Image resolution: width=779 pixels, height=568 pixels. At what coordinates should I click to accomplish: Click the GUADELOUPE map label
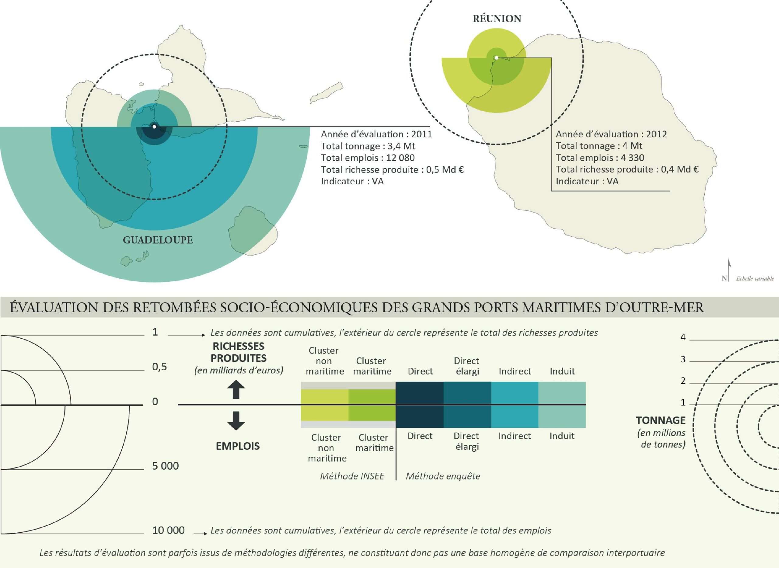158,240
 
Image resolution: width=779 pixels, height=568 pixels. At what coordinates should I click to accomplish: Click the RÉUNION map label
497,18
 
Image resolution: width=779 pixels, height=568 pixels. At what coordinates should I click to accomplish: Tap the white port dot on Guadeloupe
154,127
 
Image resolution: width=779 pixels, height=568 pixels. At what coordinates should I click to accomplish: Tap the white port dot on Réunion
496,58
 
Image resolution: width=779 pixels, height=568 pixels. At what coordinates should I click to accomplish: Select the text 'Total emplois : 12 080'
368,158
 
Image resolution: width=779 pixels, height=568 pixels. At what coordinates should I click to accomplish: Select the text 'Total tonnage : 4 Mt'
599,146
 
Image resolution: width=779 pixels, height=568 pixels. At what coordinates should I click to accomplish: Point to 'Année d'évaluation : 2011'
376,134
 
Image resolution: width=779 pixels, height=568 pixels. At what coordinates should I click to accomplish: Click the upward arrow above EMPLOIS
236,390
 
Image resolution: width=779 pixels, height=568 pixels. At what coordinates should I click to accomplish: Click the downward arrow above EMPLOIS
236,421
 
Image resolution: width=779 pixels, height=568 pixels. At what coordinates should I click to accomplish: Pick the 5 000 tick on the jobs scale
166,466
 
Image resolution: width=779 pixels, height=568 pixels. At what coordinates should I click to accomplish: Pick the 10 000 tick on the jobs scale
168,530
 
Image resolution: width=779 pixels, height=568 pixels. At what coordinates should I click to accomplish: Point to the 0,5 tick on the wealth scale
159,367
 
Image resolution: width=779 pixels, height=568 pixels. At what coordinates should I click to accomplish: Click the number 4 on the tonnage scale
683,337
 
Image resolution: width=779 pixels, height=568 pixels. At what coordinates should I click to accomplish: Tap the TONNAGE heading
660,420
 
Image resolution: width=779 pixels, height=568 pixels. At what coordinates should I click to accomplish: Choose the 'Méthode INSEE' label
352,476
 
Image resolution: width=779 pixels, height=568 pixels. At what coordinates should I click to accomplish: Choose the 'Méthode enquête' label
443,476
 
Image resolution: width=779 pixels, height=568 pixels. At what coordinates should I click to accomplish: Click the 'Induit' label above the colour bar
562,371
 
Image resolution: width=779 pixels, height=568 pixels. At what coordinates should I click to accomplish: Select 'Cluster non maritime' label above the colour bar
325,361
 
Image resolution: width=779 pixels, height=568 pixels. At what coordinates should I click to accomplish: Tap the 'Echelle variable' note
755,278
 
